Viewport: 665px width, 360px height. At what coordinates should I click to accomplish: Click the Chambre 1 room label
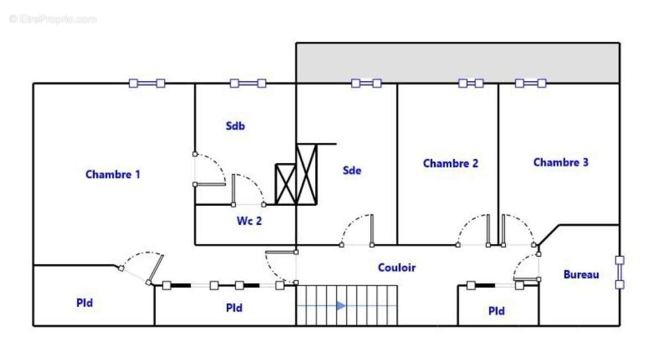coord(113,174)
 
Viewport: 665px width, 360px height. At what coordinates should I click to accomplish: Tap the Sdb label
coord(236,126)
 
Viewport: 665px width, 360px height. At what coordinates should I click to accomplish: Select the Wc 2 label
coord(249,221)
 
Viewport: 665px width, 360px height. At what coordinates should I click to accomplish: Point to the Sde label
coord(352,171)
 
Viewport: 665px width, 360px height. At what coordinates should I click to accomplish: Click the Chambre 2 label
coord(451,163)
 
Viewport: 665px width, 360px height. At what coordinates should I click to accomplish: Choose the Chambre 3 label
coord(561,162)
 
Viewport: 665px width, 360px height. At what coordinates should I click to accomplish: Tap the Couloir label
coord(397,268)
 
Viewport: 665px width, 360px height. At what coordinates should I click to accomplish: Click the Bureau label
coord(581,275)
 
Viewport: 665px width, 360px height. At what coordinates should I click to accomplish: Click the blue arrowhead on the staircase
coord(341,305)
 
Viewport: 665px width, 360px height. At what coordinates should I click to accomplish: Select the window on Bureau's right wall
coord(620,272)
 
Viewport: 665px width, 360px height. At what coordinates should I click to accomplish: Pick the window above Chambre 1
coord(147,84)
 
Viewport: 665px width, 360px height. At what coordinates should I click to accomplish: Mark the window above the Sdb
coord(248,84)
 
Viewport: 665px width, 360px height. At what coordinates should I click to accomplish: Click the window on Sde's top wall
coord(366,84)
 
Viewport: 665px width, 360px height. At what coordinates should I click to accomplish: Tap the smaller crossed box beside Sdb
coord(285,184)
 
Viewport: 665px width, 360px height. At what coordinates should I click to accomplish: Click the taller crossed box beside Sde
coord(306,174)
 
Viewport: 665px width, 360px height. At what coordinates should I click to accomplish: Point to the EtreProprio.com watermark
coord(53,19)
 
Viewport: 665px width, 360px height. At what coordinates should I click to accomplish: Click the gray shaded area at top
coord(458,63)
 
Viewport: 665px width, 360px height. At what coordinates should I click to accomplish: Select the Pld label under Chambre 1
coord(85,303)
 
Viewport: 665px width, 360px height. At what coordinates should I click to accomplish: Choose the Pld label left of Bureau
coord(497,311)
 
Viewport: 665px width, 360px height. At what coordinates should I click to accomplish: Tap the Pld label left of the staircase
coord(234,308)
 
